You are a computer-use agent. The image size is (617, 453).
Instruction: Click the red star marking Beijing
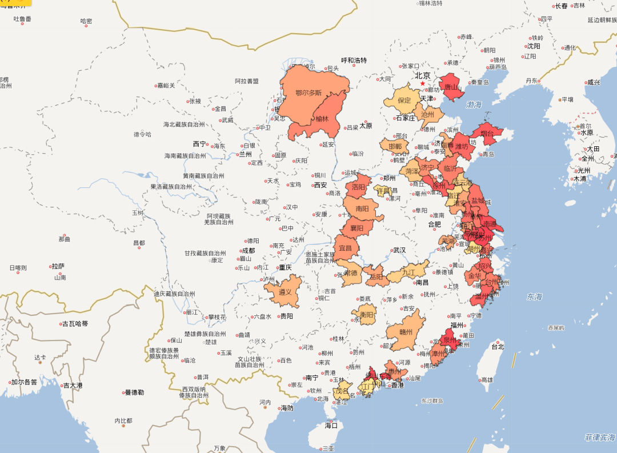coord(423,83)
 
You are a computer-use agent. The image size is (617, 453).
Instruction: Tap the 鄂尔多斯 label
coord(308,93)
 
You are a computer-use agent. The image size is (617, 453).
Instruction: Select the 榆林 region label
coord(322,119)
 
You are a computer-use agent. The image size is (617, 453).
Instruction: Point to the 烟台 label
coord(487,134)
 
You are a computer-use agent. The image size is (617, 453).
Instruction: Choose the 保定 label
coord(404,100)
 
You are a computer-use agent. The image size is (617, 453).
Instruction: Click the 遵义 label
coord(285,291)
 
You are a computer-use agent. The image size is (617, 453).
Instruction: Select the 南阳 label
coord(362,209)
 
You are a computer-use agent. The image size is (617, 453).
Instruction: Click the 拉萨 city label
coord(58,266)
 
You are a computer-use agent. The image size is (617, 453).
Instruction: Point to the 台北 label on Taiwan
coord(498,346)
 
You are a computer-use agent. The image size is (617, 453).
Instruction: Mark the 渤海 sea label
coord(474,105)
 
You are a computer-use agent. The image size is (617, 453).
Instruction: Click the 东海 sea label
coord(535,296)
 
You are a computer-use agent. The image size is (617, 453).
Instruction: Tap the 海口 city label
coord(331,425)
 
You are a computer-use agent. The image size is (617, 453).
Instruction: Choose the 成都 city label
coord(248,250)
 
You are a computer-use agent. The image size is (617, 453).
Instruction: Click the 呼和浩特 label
coord(354,61)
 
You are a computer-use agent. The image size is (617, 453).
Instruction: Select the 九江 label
coord(408,272)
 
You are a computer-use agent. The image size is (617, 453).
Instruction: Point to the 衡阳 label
coord(366,314)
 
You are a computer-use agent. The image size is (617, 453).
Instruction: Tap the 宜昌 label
coord(346,248)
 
